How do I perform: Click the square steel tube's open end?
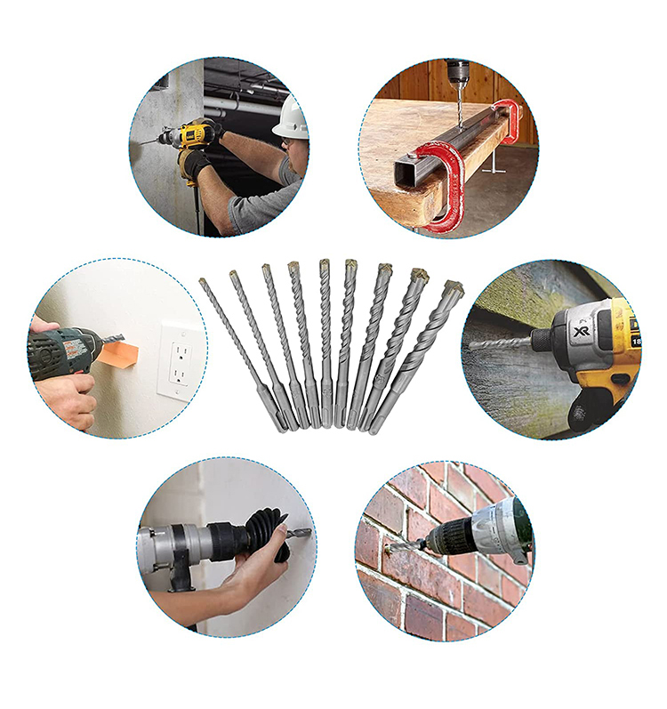[405, 176]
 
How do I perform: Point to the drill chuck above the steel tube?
[457, 71]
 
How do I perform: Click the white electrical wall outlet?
[176, 358]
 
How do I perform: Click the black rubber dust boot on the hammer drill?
[258, 533]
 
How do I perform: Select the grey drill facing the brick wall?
[480, 535]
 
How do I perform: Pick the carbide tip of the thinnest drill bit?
[204, 282]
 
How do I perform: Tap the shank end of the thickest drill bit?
[377, 426]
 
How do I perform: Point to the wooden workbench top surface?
[418, 125]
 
